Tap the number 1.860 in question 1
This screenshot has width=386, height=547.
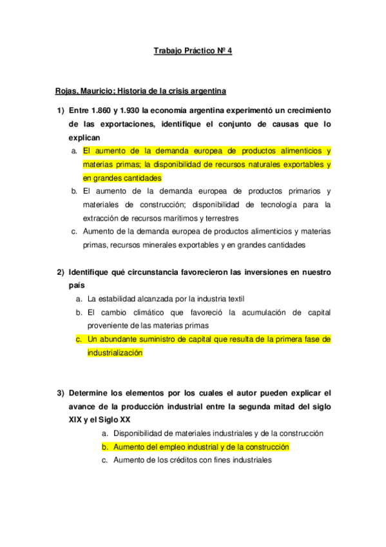click(x=102, y=110)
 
